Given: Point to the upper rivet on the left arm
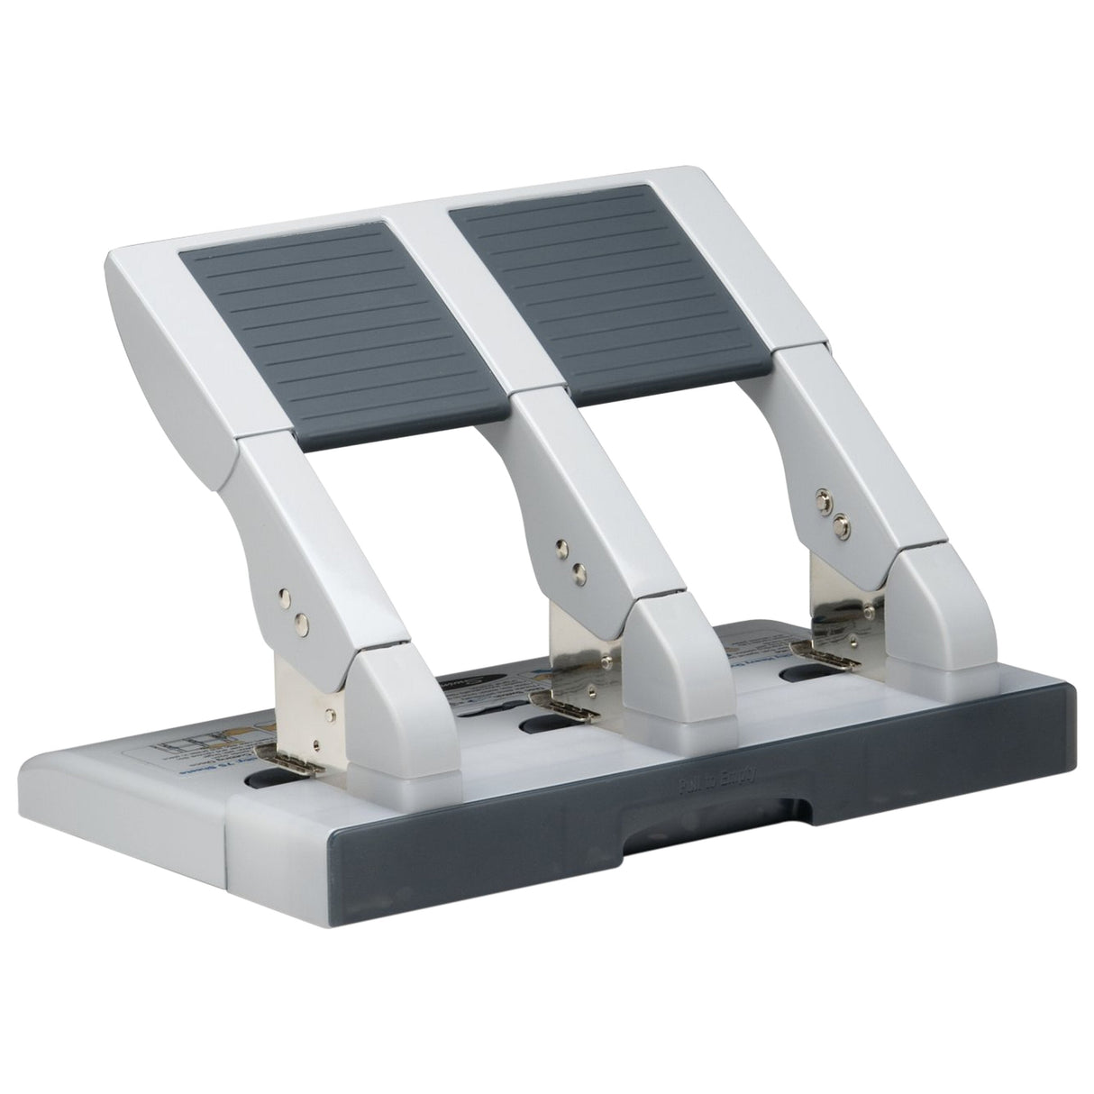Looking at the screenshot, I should (x=285, y=596).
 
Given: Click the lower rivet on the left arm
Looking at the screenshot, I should (x=301, y=618).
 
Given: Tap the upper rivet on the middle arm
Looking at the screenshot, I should (x=561, y=546).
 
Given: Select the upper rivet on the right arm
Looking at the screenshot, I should (x=822, y=497).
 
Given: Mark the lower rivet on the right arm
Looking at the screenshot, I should (x=840, y=520).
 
